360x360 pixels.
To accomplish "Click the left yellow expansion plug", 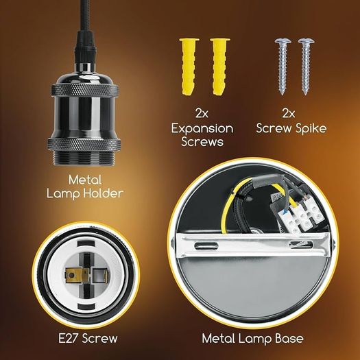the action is point(189,67).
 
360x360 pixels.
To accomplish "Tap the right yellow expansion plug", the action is point(219,67).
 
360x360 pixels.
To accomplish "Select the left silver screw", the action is point(283,66).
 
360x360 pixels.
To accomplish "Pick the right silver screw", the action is point(306,66).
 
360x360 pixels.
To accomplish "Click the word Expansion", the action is point(202,129).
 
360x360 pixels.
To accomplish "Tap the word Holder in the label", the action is point(103,193).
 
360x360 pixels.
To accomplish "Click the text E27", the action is point(69,338).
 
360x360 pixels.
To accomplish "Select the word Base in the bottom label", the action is point(289,338).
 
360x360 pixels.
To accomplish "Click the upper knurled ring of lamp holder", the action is point(85,90).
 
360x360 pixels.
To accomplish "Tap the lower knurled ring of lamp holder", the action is point(84,145).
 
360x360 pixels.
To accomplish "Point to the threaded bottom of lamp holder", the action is point(84,158).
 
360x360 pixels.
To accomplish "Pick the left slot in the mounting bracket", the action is point(206,246).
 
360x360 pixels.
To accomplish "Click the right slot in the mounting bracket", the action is point(302,244).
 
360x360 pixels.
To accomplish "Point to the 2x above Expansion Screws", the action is point(202,113).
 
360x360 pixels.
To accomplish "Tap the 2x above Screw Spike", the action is point(289,113).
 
